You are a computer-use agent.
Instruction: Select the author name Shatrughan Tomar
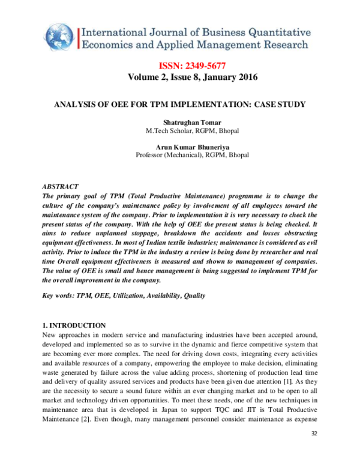[180, 123]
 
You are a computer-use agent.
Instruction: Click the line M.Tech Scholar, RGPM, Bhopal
[180, 131]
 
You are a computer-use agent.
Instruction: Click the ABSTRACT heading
[61, 187]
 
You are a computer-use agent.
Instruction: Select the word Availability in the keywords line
[159, 295]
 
